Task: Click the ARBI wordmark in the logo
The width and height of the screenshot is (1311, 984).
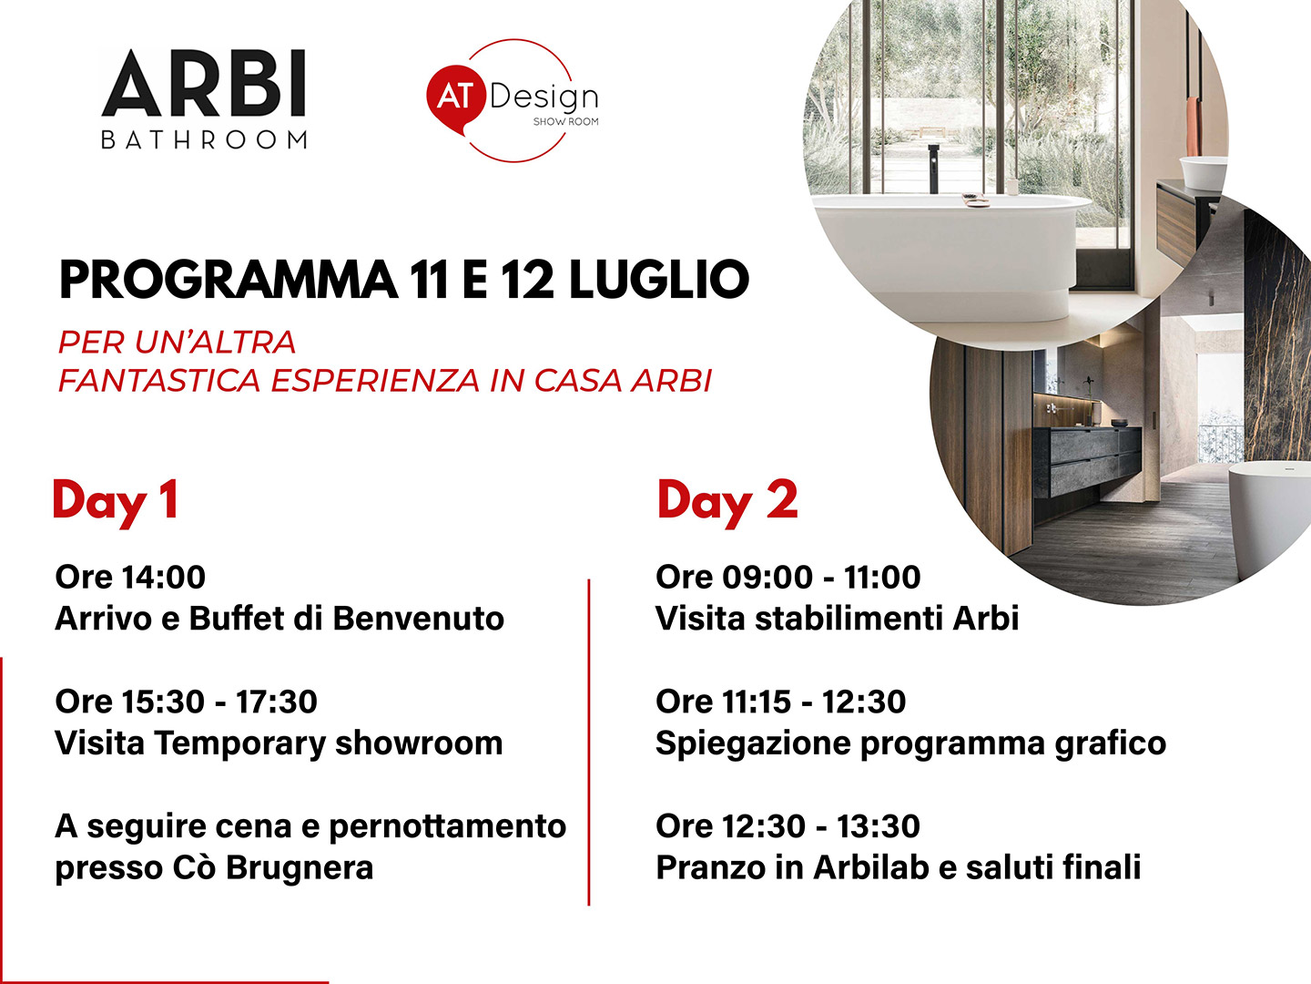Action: point(204,83)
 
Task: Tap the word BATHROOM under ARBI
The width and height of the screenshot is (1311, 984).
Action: point(204,140)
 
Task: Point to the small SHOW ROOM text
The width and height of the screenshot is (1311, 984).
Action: point(565,122)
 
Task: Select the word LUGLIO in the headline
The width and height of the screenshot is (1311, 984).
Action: point(659,280)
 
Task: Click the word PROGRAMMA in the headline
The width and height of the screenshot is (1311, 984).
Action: point(229,280)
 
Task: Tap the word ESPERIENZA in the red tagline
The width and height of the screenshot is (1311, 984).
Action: point(376,381)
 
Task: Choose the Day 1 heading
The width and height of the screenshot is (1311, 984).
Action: point(116,502)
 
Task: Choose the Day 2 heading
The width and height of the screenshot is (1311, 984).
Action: point(727,502)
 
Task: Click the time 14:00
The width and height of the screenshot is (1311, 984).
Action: point(164,577)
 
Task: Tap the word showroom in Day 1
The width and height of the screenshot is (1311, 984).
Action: point(419,743)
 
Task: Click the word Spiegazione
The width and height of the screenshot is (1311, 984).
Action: point(753,744)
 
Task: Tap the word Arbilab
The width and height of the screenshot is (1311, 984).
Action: point(871,867)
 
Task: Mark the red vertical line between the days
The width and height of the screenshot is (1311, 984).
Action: point(589,742)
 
